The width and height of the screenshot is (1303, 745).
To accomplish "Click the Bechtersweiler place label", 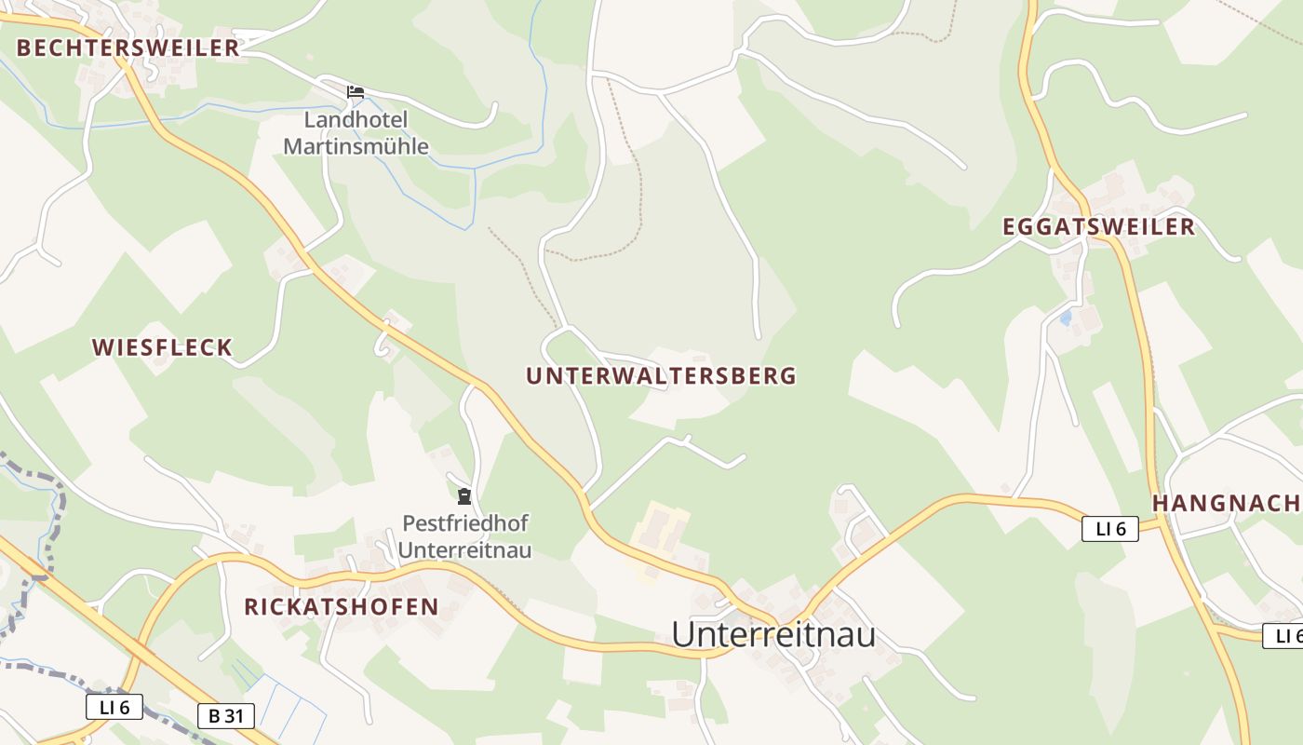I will coord(128,48).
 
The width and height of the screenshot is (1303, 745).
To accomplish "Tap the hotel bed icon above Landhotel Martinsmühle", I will coord(355,91).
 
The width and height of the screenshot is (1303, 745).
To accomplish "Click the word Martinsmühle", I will coord(356,146).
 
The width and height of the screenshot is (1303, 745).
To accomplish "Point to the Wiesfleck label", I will coord(162,348).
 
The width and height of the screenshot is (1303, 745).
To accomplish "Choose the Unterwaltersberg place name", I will coord(661,376).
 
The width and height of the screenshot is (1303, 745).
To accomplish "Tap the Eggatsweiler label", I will coord(1098,227).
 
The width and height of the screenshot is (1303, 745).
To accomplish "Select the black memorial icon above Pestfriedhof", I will coord(464,495).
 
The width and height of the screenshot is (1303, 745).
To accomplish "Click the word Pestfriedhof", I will coord(465,523).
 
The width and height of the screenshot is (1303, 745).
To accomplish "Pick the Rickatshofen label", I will coord(341,607).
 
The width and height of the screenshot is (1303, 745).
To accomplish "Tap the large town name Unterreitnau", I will coord(773,635).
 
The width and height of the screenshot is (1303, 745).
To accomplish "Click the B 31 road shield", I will coord(226,716).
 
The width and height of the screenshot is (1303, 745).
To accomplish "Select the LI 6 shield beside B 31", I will coord(114,707).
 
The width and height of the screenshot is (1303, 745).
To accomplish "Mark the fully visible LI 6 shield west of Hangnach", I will coord(1110,529).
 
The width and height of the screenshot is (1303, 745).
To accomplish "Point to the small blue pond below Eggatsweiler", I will coord(1066,318).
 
